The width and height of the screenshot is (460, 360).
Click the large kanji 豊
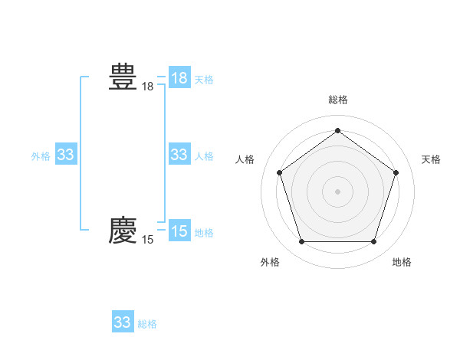pos(123,77)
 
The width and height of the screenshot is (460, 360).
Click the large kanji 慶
pos(123,231)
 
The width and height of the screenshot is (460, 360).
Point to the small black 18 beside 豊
pos(147,87)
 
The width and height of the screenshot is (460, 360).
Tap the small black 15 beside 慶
pos(147,241)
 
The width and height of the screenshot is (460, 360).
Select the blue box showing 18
pos(179,78)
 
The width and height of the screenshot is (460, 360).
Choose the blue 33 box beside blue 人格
pos(179,155)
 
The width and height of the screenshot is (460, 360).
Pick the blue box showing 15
pos(179,231)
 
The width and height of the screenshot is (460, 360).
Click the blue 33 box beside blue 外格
pos(66,155)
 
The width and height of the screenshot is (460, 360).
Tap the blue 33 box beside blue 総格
pos(123,322)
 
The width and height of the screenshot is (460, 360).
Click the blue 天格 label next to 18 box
pos(204,80)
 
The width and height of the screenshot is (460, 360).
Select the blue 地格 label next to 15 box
pos(204,233)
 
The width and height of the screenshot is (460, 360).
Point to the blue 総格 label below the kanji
pos(147,324)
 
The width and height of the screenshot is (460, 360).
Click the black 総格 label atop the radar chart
pos(337,100)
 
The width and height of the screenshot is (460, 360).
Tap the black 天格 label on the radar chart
pos(431,159)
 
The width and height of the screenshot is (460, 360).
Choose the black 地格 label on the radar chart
pos(402,262)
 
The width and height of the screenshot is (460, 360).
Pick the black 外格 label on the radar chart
pos(270,262)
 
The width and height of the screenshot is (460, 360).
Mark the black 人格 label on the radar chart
pos(245,159)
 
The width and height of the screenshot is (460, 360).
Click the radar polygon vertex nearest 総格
pos(337,131)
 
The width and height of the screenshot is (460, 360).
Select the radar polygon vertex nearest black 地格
pos(373,242)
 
